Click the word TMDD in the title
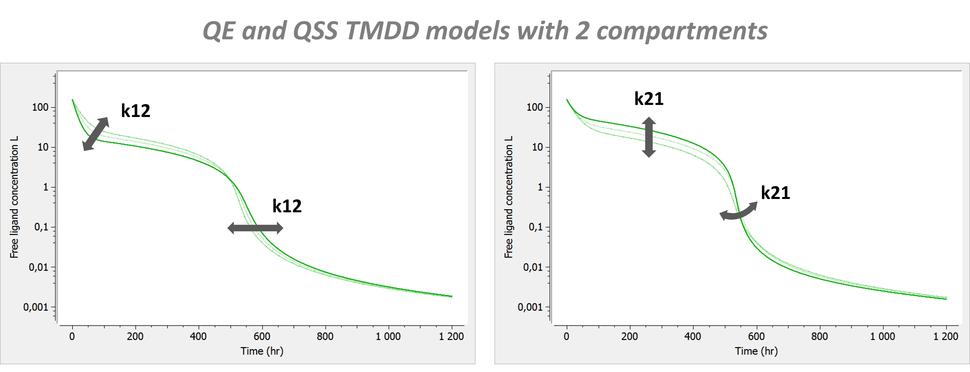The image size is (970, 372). [x=382, y=31]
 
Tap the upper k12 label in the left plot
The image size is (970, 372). [x=136, y=111]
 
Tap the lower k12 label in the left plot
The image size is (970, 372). [x=287, y=206]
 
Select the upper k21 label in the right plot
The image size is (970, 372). [x=649, y=99]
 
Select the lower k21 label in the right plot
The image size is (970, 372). [x=775, y=193]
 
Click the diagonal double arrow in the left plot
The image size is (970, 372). [x=96, y=134]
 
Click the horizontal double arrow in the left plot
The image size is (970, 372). [x=255, y=228]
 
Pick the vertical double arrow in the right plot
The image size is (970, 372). [x=649, y=137]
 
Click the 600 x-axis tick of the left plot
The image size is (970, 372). [x=262, y=336]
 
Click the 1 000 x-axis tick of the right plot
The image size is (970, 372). [x=882, y=336]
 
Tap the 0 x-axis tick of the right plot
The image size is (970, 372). [x=566, y=336]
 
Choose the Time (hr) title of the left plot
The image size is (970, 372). [x=262, y=351]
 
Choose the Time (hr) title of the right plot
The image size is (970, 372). [x=756, y=351]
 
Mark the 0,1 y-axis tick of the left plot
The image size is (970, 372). [x=41, y=227]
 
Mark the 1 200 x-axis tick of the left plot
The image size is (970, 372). [x=451, y=336]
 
